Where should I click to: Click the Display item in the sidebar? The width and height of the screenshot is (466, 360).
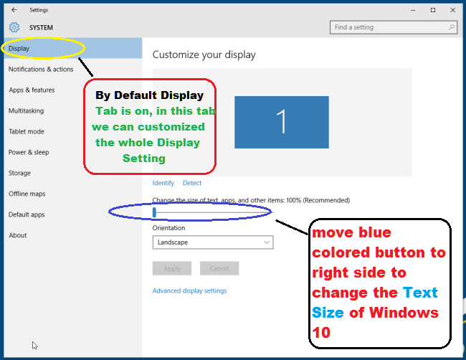tap(19, 49)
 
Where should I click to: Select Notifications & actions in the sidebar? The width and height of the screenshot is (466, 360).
tap(41, 70)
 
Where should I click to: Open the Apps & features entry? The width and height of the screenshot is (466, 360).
tap(32, 90)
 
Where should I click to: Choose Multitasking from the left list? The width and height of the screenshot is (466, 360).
tap(26, 111)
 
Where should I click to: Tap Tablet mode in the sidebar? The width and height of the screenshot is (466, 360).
tap(27, 132)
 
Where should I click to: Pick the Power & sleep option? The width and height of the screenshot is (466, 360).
tap(29, 152)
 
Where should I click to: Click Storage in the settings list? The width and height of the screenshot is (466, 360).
tap(19, 173)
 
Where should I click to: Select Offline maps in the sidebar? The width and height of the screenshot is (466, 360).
tap(27, 194)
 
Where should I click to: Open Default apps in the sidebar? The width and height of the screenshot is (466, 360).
tap(27, 214)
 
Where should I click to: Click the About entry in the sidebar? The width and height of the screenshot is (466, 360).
tap(18, 235)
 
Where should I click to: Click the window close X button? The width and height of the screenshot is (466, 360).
tap(452, 10)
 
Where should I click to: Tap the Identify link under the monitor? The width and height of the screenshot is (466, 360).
tap(163, 183)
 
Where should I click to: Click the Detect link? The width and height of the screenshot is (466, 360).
tap(192, 183)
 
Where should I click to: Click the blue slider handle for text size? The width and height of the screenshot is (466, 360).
tap(154, 212)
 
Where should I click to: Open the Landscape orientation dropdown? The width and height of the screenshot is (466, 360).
tap(213, 242)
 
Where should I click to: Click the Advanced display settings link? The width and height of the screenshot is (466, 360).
tap(189, 290)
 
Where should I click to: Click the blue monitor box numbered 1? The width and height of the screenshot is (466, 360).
tap(282, 122)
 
